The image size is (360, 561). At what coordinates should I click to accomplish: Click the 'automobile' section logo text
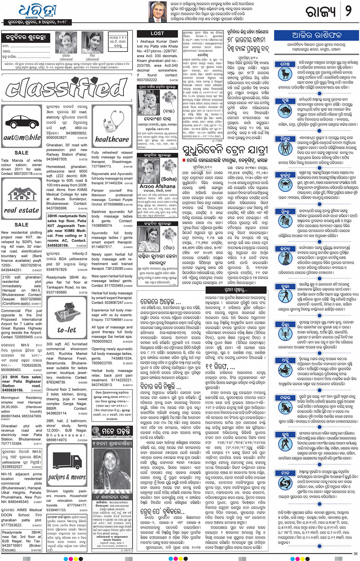22,138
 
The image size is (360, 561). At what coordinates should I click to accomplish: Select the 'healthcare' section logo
112,139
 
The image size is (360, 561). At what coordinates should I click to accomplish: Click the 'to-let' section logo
67,330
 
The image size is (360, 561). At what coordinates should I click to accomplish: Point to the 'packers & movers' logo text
67,477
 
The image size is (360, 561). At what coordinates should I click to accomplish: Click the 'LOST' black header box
157,34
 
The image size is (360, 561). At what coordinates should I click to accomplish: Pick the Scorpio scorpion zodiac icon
285,334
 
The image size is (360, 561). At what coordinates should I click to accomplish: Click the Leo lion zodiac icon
285,222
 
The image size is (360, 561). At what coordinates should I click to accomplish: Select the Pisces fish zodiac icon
285,483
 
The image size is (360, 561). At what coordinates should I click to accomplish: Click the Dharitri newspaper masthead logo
37,12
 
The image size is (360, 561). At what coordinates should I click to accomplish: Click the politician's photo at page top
157,12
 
